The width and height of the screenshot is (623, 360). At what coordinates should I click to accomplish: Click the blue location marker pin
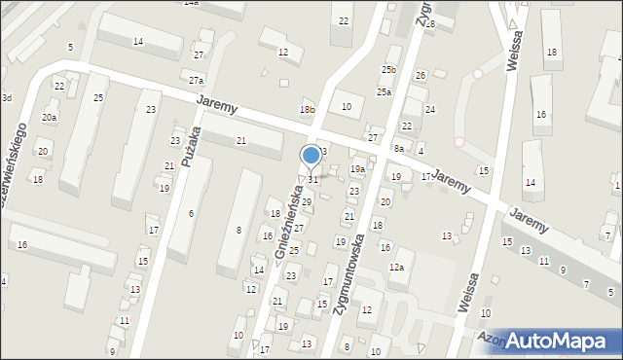(x=311, y=156)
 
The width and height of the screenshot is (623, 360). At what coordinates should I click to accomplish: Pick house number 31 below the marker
(x=312, y=180)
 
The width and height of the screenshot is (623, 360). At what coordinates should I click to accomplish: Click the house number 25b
(x=389, y=70)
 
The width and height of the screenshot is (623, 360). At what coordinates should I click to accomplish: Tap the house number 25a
(x=385, y=92)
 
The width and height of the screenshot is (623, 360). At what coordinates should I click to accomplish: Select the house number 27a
(x=197, y=81)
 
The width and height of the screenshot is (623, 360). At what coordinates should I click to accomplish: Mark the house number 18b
(x=308, y=110)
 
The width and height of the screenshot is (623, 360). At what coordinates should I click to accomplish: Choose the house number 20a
(x=49, y=118)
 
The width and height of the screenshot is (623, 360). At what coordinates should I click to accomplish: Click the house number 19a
(x=357, y=169)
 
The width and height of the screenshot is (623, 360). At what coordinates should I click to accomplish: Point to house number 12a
(x=396, y=267)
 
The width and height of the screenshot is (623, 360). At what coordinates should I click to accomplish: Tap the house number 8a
(x=398, y=148)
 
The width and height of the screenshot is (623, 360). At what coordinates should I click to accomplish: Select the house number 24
(x=429, y=110)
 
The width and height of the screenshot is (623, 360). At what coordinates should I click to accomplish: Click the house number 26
(x=421, y=76)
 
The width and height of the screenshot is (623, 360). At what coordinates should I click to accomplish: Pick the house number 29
(x=306, y=202)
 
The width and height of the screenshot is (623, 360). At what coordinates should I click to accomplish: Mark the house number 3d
(x=6, y=98)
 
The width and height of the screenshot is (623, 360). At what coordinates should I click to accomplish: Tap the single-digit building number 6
(x=192, y=214)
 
